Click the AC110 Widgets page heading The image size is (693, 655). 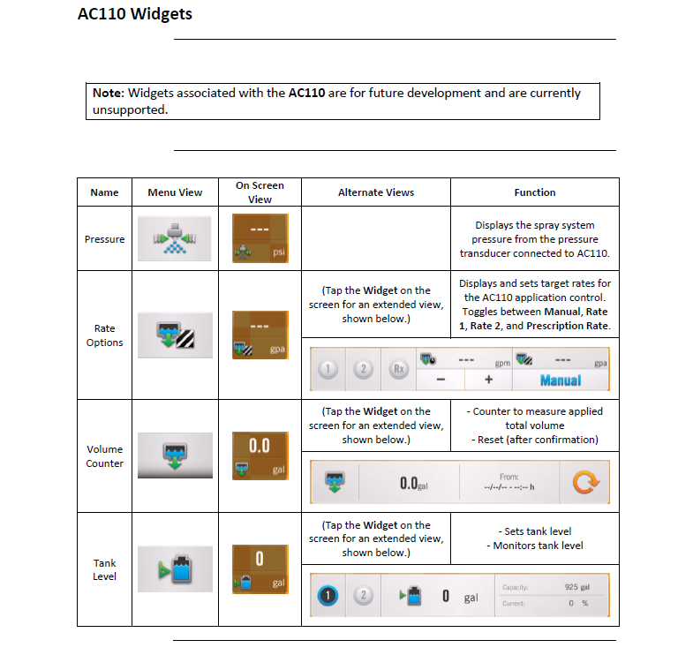(135, 14)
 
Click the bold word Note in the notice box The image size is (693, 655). (109, 94)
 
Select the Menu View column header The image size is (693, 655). (175, 192)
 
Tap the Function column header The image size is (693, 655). (535, 192)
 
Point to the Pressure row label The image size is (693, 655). (105, 239)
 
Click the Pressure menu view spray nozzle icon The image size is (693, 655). (175, 238)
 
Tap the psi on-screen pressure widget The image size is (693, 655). (260, 238)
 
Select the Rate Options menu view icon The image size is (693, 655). (175, 335)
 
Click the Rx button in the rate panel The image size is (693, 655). (399, 369)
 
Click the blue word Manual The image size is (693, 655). (561, 380)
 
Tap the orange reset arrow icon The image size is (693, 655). (586, 482)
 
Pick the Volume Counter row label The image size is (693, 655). (105, 456)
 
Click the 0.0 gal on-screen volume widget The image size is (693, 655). (260, 455)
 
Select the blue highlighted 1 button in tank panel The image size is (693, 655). (328, 595)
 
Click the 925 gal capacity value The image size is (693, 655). (576, 587)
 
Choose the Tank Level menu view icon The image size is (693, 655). (175, 569)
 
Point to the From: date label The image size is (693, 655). (509, 477)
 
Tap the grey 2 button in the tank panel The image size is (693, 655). (364, 595)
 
